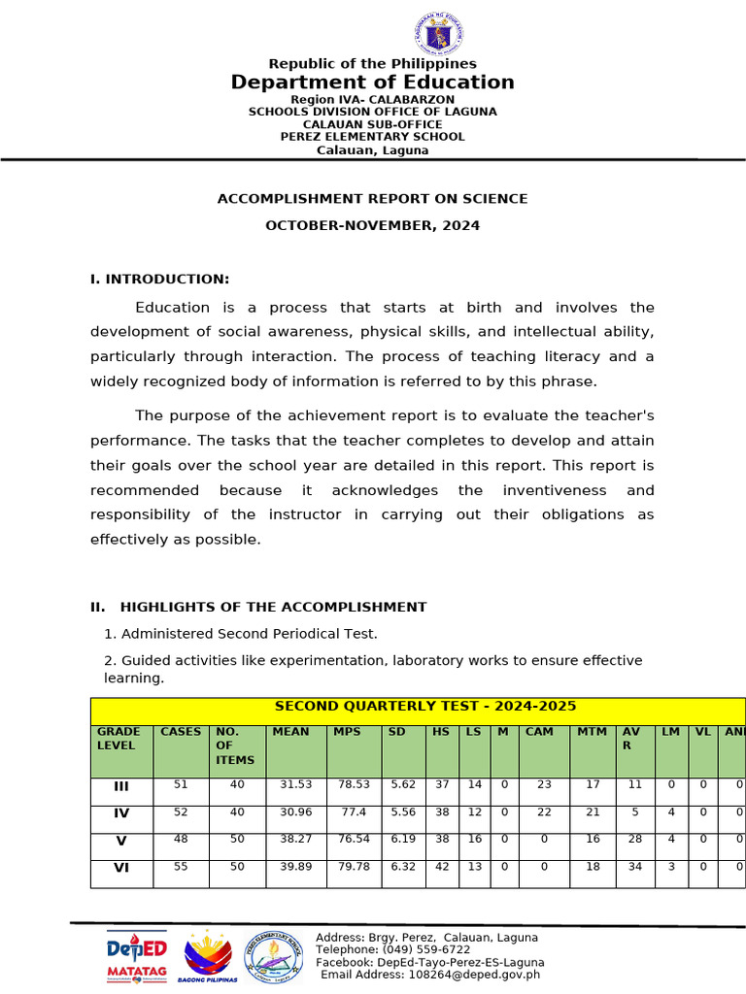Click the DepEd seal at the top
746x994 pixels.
pyautogui.click(x=438, y=34)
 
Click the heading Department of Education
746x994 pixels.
pyautogui.click(x=372, y=83)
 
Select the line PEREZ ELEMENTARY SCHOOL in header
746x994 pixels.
pyautogui.click(x=372, y=137)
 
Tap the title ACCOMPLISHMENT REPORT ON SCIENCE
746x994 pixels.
pyautogui.click(x=372, y=199)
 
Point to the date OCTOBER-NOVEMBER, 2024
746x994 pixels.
pyautogui.click(x=372, y=226)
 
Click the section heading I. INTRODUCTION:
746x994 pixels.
pyautogui.click(x=159, y=280)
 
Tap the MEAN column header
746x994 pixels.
pyautogui.click(x=291, y=732)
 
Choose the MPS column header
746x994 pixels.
pyautogui.click(x=347, y=732)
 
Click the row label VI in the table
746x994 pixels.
pyautogui.click(x=121, y=868)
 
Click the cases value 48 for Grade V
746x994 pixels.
pyautogui.click(x=181, y=840)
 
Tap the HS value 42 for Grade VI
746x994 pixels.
pyautogui.click(x=442, y=867)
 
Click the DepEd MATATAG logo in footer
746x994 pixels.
pyautogui.click(x=136, y=956)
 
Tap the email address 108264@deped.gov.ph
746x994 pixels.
pyautogui.click(x=473, y=976)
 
